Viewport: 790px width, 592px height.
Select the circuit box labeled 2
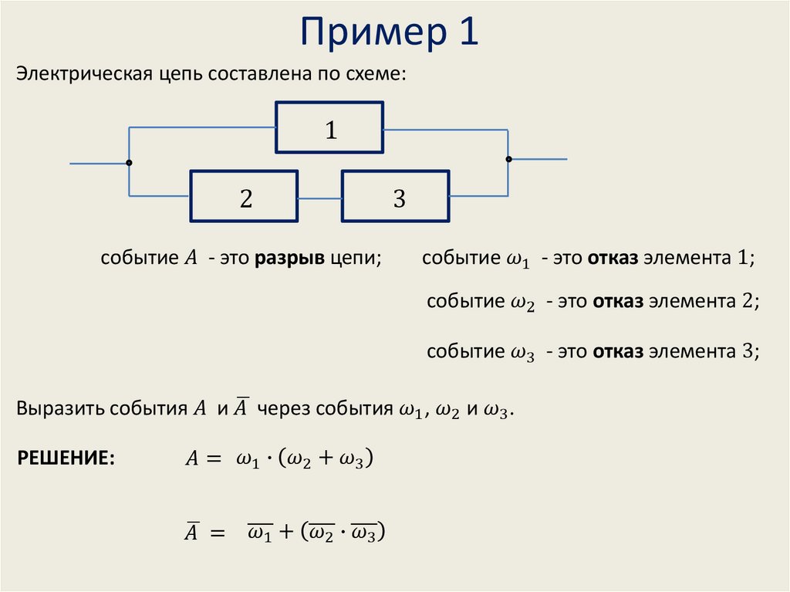245,198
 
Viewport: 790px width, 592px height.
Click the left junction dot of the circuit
129,163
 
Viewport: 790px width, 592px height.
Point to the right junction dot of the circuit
508,159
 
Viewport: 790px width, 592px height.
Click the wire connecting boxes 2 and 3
320,198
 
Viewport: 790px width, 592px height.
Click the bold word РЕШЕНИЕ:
66,458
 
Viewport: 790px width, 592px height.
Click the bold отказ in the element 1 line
613,258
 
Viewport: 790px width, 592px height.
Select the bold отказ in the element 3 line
618,352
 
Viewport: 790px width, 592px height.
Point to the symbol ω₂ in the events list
522,303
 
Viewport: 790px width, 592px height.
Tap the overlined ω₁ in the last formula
258,532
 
